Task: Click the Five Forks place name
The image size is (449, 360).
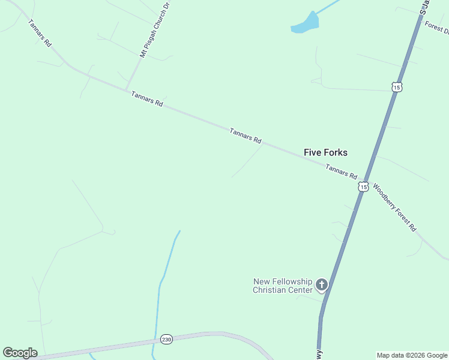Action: click(325, 152)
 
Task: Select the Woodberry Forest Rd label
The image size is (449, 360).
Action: click(394, 207)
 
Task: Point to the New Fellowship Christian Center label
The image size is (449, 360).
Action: click(283, 286)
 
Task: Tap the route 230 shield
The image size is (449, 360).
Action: click(166, 339)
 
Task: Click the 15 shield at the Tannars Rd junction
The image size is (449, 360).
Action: click(363, 187)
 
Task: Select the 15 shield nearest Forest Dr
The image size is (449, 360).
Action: click(396, 87)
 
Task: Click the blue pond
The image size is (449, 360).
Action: click(306, 24)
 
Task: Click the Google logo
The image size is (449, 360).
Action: click(20, 353)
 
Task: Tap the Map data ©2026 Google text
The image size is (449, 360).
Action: click(412, 355)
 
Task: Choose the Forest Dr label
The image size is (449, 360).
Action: click(436, 26)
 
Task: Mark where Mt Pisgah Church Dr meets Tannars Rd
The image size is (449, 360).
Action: click(127, 91)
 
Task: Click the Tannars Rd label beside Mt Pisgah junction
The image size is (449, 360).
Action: click(147, 99)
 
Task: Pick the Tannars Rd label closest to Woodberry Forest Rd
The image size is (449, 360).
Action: click(341, 172)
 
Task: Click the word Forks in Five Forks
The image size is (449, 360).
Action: click(335, 152)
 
